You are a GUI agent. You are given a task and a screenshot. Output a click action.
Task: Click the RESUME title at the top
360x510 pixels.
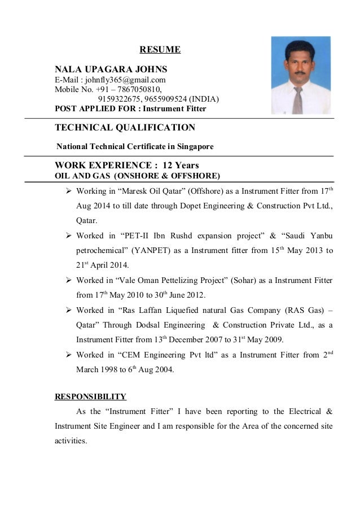160,50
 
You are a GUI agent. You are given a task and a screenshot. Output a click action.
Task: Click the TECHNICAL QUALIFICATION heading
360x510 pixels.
125,128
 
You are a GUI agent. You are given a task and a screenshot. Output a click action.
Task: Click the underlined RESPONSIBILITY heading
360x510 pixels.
90,396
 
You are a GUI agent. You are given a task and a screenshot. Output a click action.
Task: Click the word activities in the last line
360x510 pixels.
71,441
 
